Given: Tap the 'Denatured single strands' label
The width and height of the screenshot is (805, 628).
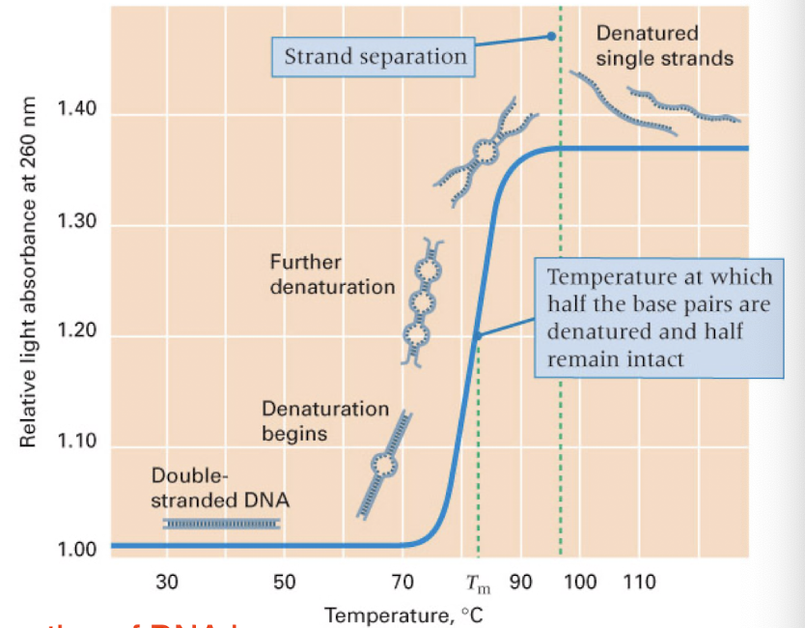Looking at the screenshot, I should click(663, 46).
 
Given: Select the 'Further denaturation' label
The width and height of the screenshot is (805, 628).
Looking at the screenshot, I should click(332, 274).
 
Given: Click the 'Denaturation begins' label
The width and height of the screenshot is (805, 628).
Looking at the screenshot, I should click(325, 421).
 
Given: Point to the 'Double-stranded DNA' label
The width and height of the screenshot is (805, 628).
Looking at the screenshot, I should click(220, 489).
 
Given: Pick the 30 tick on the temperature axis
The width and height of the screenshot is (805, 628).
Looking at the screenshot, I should click(166, 583).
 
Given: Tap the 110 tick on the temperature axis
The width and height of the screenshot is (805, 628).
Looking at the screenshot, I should click(639, 583).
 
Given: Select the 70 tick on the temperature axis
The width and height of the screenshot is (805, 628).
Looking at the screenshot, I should click(402, 583).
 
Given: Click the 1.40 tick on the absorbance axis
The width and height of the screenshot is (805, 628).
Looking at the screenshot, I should click(77, 109).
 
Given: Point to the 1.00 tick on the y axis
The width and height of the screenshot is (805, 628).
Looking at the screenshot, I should click(77, 552).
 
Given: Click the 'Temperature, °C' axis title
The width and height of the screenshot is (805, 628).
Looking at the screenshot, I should click(402, 614).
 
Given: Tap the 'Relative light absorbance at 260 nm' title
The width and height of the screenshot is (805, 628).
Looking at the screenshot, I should click(29, 272).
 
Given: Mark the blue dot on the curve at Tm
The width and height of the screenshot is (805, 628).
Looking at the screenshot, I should click(477, 335).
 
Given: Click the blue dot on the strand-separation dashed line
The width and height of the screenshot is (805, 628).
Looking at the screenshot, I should click(551, 36).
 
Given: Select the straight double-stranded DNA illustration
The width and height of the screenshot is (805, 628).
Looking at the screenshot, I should click(221, 523).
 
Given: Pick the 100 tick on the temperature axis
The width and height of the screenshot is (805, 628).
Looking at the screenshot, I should click(580, 583).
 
